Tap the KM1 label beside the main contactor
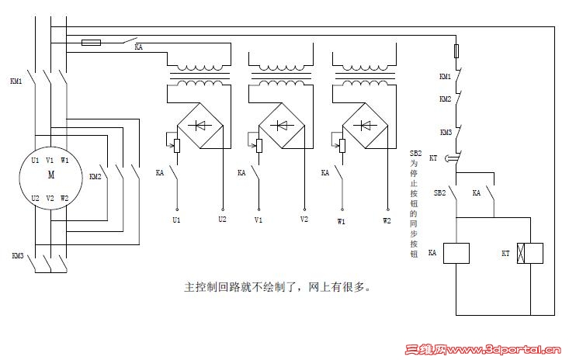pos(16,81)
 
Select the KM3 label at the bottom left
pos(17,256)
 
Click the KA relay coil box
pos(456,253)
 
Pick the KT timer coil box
pos(529,253)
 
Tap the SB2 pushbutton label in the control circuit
pos(439,192)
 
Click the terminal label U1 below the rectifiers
pos(177,221)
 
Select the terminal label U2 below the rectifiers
pos(223,220)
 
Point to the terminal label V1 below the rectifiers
pos(258,221)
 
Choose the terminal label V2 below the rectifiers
pos(304,220)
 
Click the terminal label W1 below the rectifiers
pos(341,221)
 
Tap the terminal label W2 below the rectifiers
pos(387,220)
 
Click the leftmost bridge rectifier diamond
pos(200,125)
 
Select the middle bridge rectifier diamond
pos(281,125)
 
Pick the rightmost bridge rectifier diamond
pos(363,125)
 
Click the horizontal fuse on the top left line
pos(91,43)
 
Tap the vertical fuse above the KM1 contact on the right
pos(456,52)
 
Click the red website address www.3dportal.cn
pos(508,351)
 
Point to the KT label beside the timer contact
pos(434,157)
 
